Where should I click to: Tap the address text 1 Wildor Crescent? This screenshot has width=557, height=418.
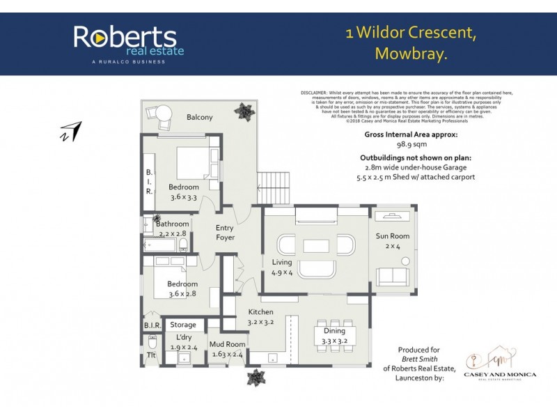pyautogui.click(x=411, y=33)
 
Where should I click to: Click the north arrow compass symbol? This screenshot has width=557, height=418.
pyautogui.click(x=71, y=131)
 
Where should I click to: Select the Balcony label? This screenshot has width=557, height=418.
pyautogui.click(x=199, y=117)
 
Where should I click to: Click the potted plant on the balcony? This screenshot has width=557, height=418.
pyautogui.click(x=244, y=111)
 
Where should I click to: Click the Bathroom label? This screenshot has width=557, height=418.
pyautogui.click(x=172, y=224)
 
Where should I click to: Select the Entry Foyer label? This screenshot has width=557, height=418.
pyautogui.click(x=225, y=233)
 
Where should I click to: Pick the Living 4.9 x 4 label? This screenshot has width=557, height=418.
pyautogui.click(x=282, y=267)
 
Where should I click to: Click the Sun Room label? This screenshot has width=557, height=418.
pyautogui.click(x=393, y=236)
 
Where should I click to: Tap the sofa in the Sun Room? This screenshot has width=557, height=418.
pyautogui.click(x=392, y=277)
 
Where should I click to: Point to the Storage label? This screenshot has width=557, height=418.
pyautogui.click(x=183, y=325)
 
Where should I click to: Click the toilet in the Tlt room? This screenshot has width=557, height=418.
pyautogui.click(x=152, y=342)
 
